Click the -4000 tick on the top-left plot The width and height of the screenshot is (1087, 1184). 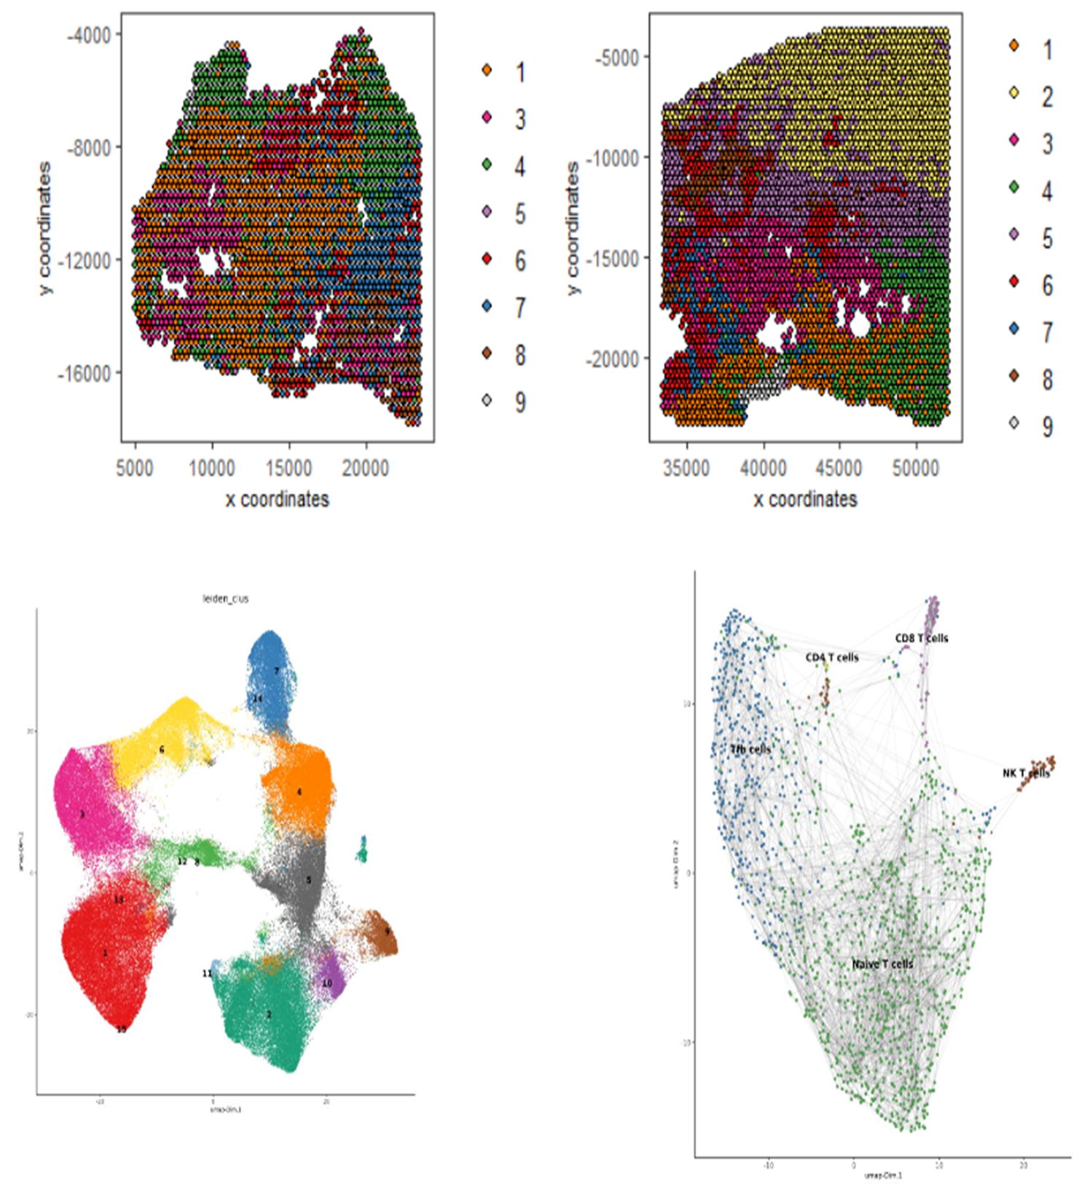[89, 35]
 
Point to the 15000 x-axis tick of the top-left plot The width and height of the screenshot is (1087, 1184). [289, 467]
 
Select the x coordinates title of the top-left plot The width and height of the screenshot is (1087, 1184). [277, 499]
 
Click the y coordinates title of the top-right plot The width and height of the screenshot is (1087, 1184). [573, 228]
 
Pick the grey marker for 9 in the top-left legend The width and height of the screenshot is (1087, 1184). [487, 400]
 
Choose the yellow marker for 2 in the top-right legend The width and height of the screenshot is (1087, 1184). [1013, 93]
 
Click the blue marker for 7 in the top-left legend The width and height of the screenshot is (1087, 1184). [487, 306]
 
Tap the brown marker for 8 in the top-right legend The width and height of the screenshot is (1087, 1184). [1013, 376]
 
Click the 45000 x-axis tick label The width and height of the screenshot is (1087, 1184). [839, 467]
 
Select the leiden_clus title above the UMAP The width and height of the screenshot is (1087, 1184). [225, 598]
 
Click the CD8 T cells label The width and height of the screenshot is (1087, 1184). [922, 638]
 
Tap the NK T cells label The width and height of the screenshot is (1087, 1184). [1026, 772]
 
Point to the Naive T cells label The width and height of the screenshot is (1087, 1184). [882, 964]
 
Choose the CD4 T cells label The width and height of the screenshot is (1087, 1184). [832, 657]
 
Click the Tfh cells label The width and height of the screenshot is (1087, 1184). [750, 749]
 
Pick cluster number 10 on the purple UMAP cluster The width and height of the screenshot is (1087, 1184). [327, 983]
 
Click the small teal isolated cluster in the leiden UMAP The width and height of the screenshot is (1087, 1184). [362, 850]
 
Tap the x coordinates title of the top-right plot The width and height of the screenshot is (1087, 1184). [805, 499]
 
